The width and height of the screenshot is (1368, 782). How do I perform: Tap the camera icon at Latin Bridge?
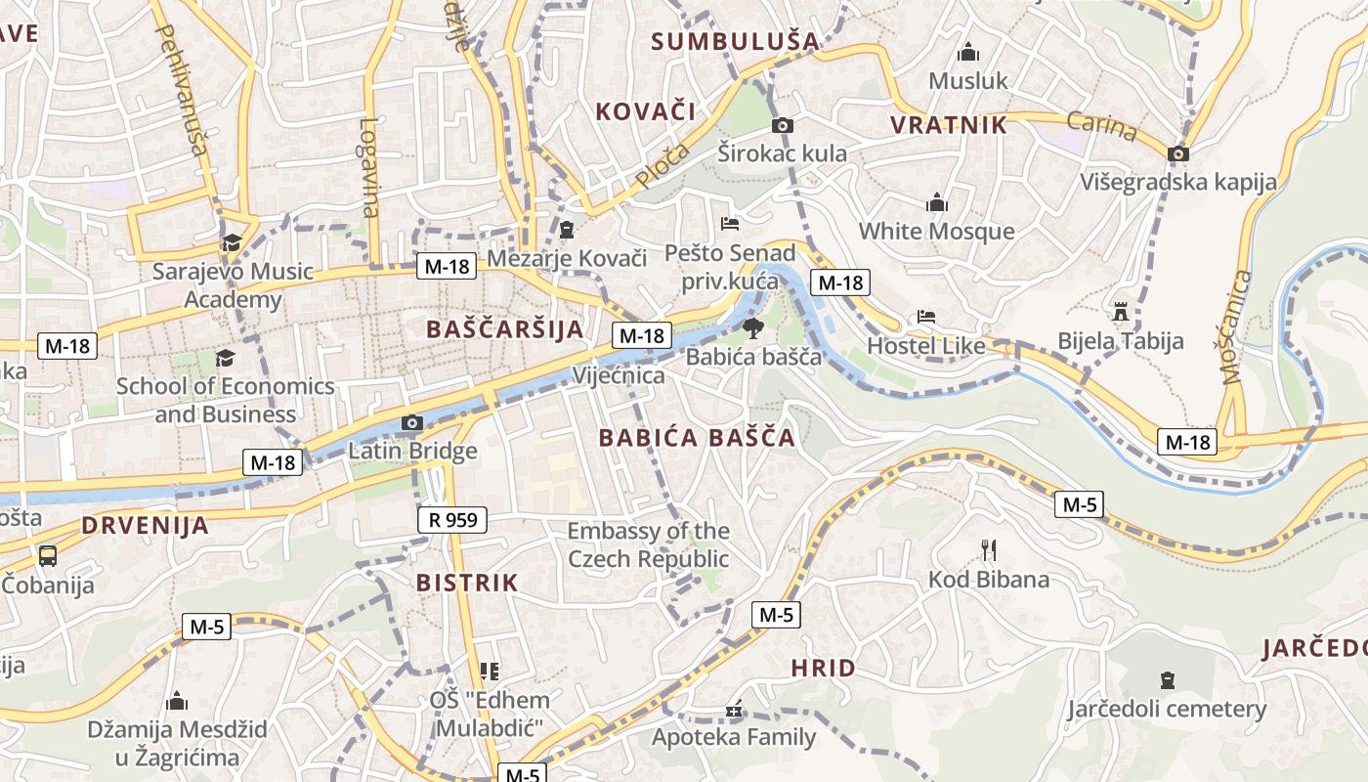point(412,422)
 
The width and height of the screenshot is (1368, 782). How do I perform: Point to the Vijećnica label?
point(619,375)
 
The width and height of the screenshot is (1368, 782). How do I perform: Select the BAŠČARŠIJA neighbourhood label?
point(505,329)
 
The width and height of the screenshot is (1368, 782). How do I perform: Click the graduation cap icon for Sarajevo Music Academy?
point(232,242)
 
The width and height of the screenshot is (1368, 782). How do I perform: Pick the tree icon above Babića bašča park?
point(752,327)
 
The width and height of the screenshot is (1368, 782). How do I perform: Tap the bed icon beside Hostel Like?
point(925,317)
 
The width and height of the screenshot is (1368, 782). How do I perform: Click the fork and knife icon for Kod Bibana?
point(988,549)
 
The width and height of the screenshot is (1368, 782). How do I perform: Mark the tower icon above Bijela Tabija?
point(1121,312)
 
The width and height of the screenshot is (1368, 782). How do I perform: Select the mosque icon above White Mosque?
point(937,202)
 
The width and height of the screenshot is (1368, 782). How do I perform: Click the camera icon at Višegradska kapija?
point(1178,153)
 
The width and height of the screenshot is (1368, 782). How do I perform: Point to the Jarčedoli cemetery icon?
point(1167,679)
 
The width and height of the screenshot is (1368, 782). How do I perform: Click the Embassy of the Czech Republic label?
point(648,545)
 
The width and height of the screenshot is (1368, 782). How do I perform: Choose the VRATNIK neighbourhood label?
point(948,125)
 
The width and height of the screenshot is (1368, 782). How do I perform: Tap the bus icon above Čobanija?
point(47,556)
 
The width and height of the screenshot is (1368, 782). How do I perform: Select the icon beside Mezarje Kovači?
point(567,231)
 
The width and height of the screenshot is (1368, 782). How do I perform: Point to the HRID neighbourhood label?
point(823,669)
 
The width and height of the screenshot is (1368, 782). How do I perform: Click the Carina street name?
point(1101,126)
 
